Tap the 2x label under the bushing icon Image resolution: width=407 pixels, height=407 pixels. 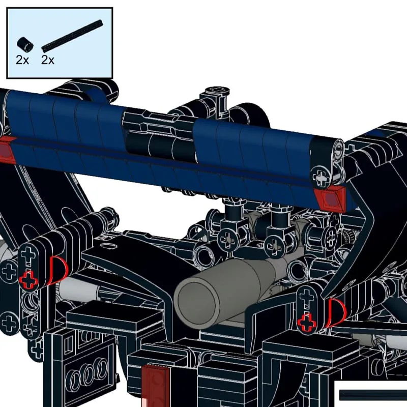click(22, 60)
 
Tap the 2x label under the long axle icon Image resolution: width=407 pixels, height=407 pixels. click(48, 60)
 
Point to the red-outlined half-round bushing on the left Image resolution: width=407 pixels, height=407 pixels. click(57, 269)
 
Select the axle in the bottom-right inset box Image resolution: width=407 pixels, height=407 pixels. click(371, 395)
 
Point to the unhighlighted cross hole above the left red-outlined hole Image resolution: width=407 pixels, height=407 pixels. click(28, 255)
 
